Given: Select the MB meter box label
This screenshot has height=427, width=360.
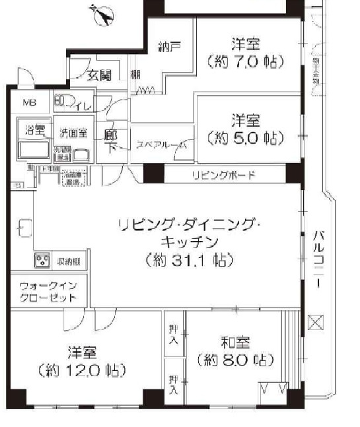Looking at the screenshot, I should point(30,102).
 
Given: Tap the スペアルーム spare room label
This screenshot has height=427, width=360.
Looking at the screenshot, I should point(161,145).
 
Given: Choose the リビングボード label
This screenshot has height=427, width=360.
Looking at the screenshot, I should point(223,175).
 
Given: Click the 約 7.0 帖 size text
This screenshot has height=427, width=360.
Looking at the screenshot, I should point(245,63).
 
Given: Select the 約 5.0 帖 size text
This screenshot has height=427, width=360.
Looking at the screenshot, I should point(245,139).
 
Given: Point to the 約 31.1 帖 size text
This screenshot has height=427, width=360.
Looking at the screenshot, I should point(190,260).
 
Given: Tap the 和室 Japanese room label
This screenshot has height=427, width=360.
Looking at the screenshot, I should point(235,343).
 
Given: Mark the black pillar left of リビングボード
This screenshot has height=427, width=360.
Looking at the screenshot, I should point(153,174).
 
